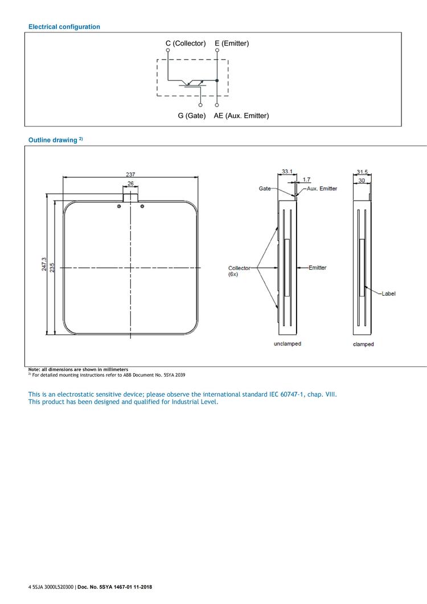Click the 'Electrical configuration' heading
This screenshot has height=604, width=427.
[64, 27]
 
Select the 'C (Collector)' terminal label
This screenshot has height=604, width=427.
[185, 43]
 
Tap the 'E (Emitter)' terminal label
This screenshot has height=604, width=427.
[232, 43]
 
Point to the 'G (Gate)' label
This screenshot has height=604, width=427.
[191, 116]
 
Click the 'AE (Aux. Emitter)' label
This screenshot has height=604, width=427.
[241, 116]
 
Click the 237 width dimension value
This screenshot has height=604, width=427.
[131, 174]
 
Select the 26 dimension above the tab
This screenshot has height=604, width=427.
[131, 183]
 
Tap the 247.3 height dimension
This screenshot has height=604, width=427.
[44, 267]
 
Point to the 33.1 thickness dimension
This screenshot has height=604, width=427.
[287, 171]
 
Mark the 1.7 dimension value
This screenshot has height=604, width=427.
[307, 179]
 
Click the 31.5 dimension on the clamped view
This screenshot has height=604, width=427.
[363, 172]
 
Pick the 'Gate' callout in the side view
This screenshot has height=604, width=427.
[265, 188]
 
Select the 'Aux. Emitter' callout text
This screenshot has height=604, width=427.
[322, 188]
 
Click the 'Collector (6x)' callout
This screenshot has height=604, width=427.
[239, 271]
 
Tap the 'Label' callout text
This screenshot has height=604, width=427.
[389, 293]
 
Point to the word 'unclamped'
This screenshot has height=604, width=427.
[287, 344]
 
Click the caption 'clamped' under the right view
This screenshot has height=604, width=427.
[363, 344]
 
